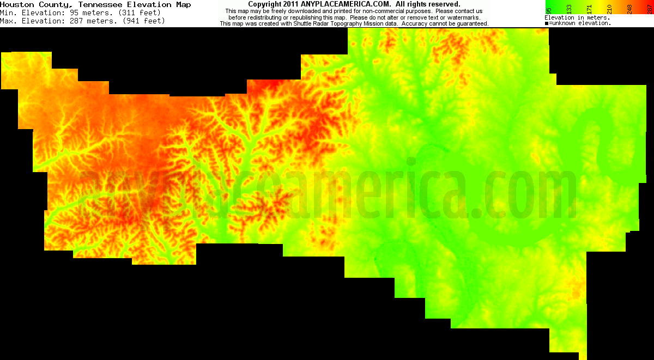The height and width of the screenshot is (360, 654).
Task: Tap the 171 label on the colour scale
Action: (589, 8)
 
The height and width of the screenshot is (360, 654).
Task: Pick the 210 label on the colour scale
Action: (609, 8)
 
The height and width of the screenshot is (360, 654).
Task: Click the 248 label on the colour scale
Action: (629, 8)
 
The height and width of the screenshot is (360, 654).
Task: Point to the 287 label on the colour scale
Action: (649, 8)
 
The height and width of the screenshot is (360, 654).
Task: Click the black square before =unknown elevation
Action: (547, 23)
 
